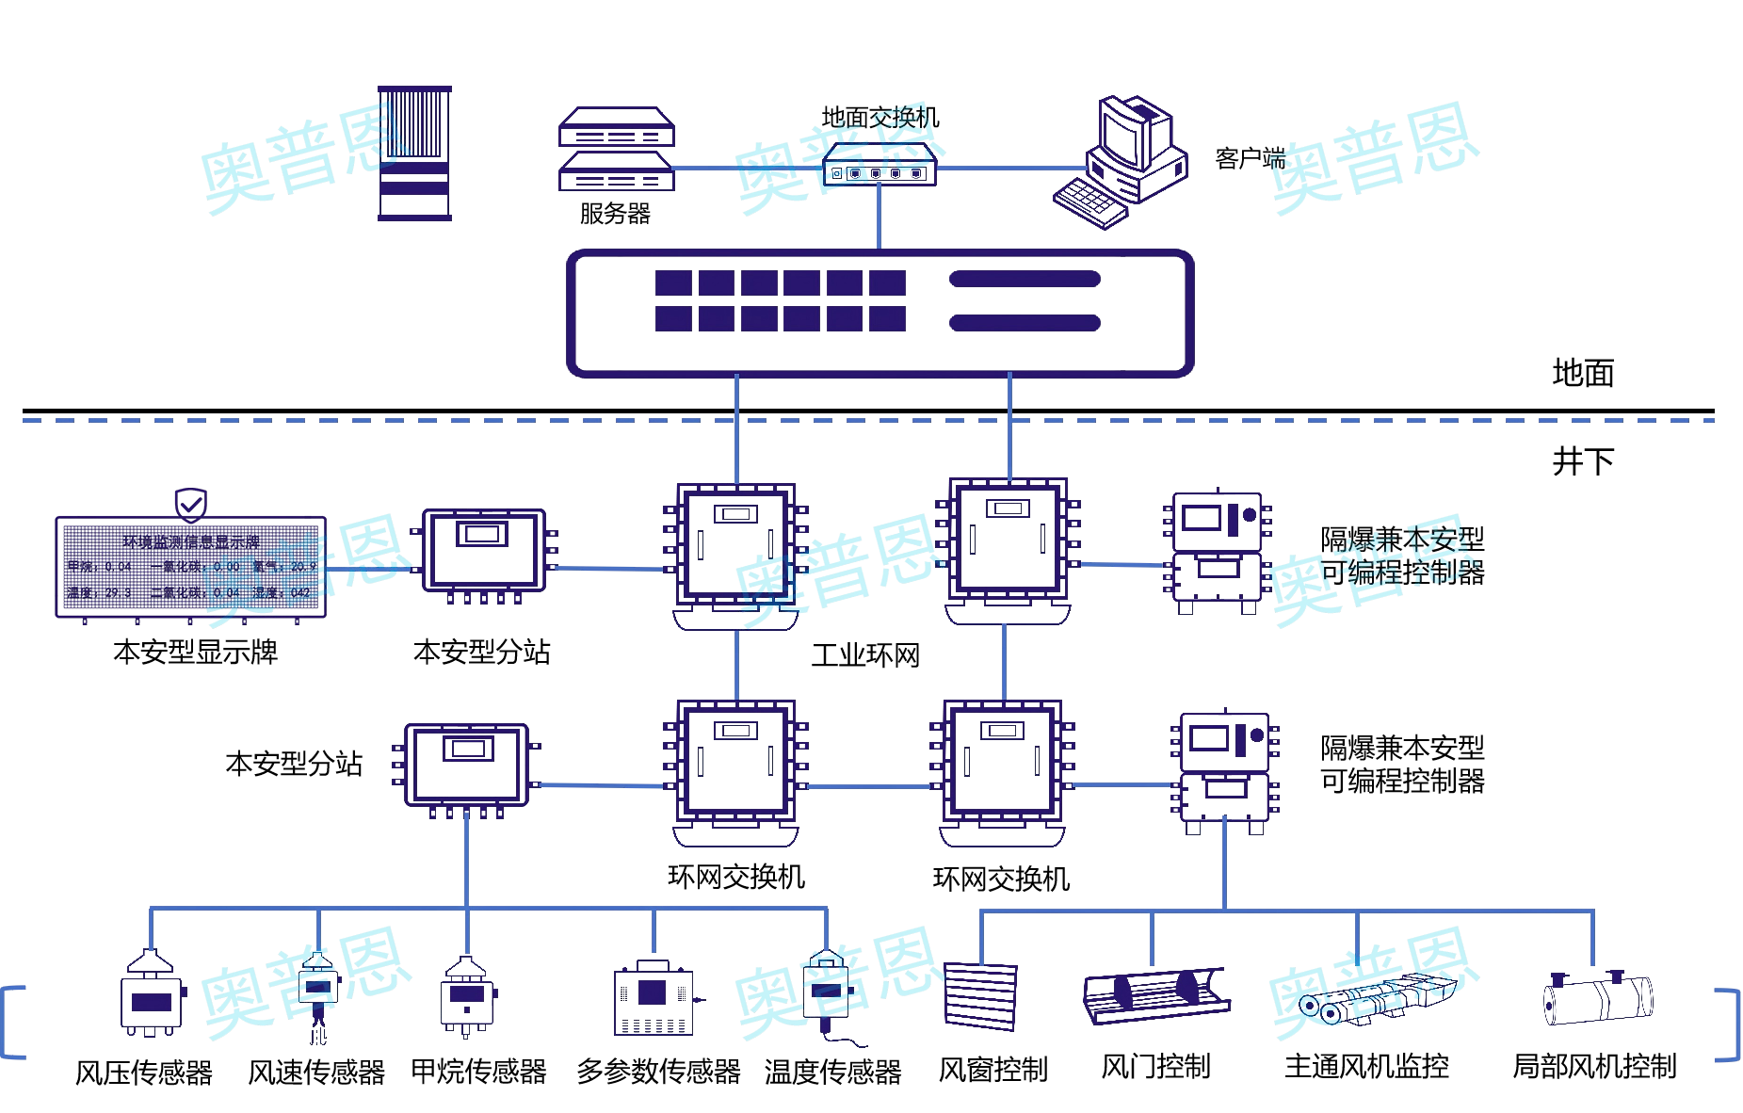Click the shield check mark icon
(x=191, y=505)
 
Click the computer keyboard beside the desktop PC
(x=1090, y=202)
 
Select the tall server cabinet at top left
(x=414, y=153)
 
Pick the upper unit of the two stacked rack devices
(x=617, y=127)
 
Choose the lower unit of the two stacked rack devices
(x=617, y=173)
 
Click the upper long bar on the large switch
(x=1025, y=279)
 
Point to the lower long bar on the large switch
(x=1025, y=323)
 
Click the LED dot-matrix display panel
(x=190, y=567)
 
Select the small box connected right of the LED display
(x=484, y=551)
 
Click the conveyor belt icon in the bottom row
(x=1156, y=996)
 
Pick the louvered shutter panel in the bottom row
(x=980, y=995)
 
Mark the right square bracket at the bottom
(x=1730, y=1024)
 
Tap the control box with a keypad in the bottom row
(x=654, y=999)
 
